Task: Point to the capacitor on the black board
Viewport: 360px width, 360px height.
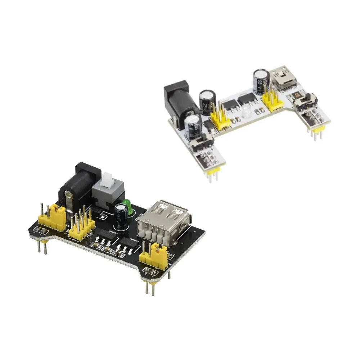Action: [x=120, y=216]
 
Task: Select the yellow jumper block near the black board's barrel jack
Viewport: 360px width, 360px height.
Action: [x=58, y=215]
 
